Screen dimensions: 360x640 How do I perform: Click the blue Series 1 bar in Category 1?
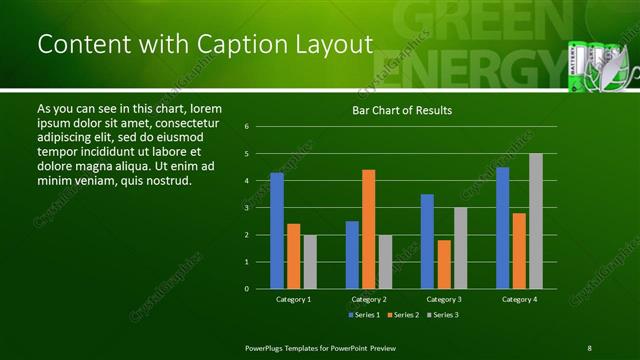[277, 231]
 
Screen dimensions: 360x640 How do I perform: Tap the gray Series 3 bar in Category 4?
[536, 221]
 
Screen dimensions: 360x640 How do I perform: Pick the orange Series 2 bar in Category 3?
[444, 264]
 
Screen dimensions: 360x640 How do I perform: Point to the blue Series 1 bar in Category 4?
[502, 228]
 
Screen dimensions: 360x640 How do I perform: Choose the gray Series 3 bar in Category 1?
[310, 262]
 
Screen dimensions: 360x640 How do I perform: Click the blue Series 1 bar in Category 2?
[352, 255]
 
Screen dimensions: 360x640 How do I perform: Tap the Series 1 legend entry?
[365, 315]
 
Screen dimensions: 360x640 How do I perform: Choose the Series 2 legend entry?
[402, 315]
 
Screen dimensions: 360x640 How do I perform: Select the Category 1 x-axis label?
[294, 299]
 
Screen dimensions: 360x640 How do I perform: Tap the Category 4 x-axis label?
[519, 299]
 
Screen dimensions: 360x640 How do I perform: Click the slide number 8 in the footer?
[589, 347]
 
